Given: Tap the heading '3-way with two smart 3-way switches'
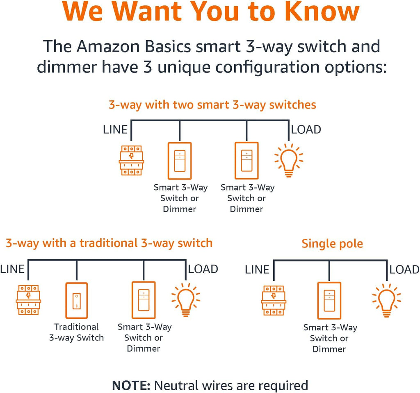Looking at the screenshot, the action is pyautogui.click(x=212, y=105).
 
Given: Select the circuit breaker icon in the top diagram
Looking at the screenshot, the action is pyautogui.click(x=131, y=160).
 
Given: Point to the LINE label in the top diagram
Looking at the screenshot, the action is pyautogui.click(x=115, y=129).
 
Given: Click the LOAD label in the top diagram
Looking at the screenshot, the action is pyautogui.click(x=306, y=129).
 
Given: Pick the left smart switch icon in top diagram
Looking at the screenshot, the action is pyautogui.click(x=180, y=161).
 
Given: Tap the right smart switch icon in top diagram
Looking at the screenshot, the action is pyautogui.click(x=247, y=161).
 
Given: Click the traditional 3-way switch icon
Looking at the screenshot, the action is pyautogui.click(x=77, y=300).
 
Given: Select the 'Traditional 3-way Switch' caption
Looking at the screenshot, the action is pyautogui.click(x=76, y=332).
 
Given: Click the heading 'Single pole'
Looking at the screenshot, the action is pyautogui.click(x=332, y=244).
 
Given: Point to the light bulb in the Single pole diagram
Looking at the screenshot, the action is pyautogui.click(x=386, y=300).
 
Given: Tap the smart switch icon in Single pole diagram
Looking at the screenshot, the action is pyautogui.click(x=329, y=301).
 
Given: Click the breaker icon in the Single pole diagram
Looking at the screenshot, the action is pyautogui.click(x=274, y=300).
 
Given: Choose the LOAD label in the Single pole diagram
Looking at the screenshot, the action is pyautogui.click(x=404, y=270).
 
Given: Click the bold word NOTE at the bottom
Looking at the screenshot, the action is pyautogui.click(x=131, y=386).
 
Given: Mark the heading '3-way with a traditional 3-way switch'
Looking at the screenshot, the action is pyautogui.click(x=109, y=243).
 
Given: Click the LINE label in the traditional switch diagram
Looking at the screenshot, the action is pyautogui.click(x=12, y=269).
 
